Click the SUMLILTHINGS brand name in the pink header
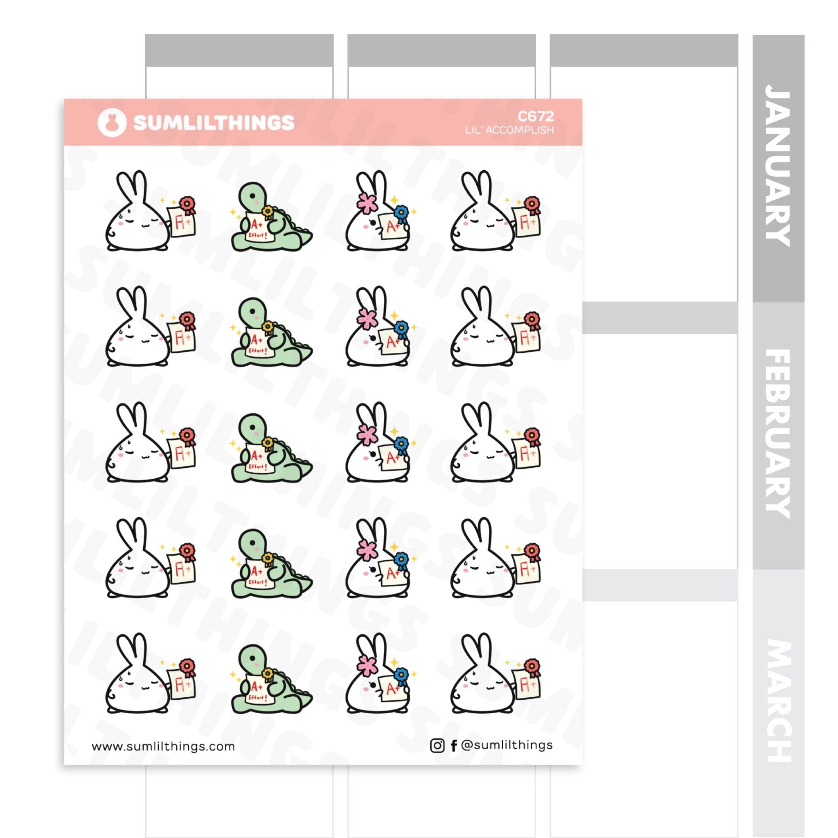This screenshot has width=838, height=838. click(214, 123)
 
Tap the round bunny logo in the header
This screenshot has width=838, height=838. click(112, 123)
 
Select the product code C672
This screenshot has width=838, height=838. click(536, 116)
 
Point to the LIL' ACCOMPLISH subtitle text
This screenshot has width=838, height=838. click(510, 130)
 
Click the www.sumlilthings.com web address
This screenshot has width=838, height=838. click(163, 746)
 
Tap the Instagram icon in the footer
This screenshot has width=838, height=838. click(437, 746)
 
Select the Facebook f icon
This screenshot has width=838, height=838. click(454, 746)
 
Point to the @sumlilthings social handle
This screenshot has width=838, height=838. click(507, 745)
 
